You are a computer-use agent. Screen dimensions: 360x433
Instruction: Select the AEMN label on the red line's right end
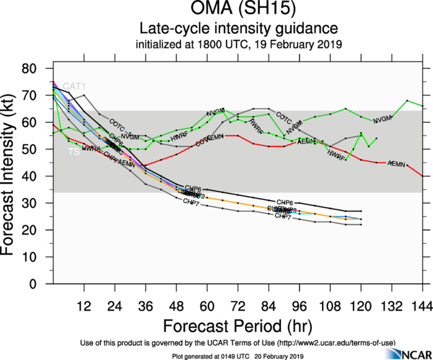point(397,163)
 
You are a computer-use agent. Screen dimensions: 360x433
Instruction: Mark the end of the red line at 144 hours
point(422,176)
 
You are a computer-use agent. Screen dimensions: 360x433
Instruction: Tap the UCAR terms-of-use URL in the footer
point(339,343)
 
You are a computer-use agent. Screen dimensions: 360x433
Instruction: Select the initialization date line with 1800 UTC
point(239,45)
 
